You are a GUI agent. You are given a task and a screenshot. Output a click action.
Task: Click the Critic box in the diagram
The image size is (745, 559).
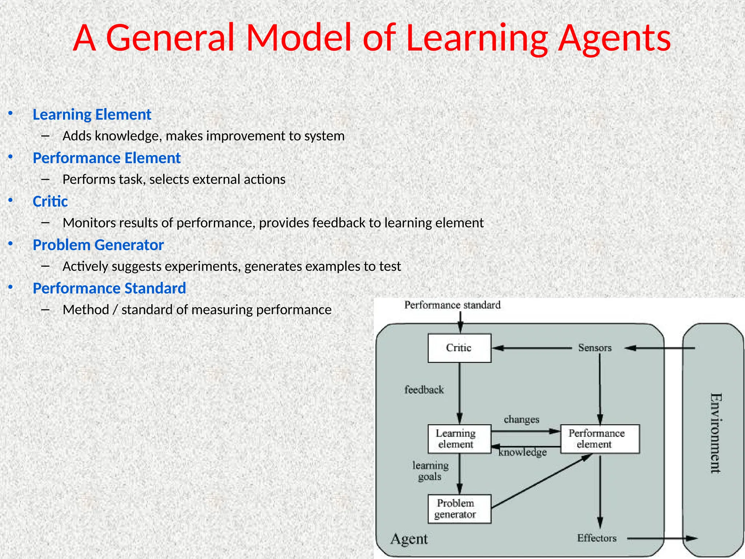[459, 348]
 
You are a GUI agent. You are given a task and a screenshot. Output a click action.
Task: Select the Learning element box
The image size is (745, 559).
[459, 439]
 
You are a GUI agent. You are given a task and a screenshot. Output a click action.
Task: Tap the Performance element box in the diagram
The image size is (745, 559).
[599, 439]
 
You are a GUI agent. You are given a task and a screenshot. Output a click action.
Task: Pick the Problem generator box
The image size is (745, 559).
[459, 508]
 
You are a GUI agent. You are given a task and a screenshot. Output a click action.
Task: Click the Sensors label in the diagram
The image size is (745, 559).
[595, 348]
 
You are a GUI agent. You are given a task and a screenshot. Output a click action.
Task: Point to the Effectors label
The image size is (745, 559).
[597, 538]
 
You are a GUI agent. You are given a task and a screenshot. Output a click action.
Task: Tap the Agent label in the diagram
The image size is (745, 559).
[409, 539]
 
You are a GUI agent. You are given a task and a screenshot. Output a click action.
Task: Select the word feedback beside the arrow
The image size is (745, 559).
[424, 390]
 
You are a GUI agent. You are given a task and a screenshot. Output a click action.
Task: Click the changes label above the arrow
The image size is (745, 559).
[521, 420]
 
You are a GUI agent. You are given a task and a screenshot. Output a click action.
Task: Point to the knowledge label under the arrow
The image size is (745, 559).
[522, 452]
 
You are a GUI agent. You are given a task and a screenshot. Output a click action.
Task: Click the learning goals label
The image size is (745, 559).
[430, 471]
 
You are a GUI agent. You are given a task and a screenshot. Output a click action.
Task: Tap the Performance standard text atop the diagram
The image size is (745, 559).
[452, 305]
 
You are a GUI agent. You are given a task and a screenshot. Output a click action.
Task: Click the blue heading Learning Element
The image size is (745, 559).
[92, 115]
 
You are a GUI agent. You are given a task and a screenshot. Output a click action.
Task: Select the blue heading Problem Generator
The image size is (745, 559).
[98, 245]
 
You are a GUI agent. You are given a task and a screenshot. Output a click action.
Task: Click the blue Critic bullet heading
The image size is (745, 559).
[50, 202]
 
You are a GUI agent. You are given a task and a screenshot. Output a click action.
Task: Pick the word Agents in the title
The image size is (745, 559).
[614, 38]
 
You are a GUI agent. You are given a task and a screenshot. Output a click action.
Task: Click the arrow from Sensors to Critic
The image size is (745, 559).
[531, 348]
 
